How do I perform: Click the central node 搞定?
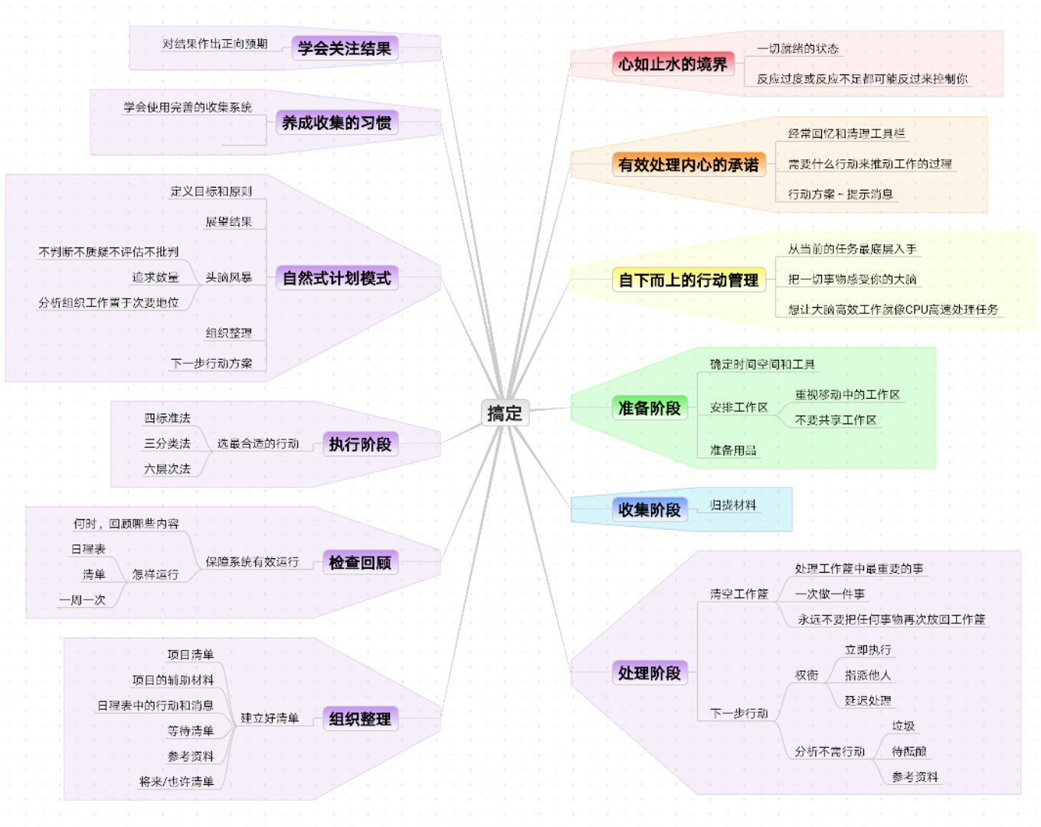504,413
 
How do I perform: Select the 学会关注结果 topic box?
344,48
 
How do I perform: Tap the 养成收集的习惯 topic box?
336,123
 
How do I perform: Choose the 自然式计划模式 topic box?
336,278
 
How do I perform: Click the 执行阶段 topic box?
359,443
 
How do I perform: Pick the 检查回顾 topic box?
359,562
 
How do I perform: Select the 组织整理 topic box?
359,718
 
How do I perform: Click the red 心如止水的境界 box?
673,64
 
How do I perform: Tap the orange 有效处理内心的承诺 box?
688,165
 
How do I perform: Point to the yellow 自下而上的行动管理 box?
688,280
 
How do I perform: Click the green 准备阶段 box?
649,408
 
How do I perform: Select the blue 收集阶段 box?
649,509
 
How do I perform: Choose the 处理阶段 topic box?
649,673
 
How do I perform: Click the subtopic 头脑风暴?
228,277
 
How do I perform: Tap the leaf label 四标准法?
167,418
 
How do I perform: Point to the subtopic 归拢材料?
732,505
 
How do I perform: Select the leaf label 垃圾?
903,726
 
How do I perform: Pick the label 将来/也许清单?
176,782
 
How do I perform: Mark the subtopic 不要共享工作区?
835,420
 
